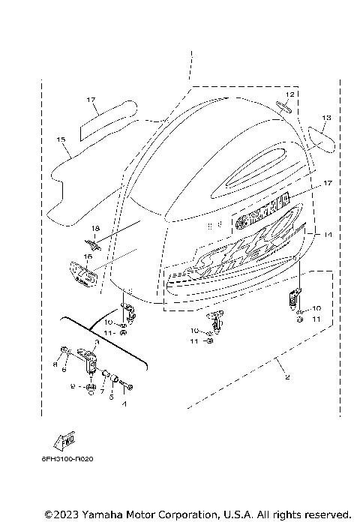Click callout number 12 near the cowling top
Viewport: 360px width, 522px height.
click(289, 94)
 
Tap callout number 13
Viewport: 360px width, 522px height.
click(326, 118)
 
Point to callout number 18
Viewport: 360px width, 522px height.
click(94, 227)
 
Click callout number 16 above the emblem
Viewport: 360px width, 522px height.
click(88, 256)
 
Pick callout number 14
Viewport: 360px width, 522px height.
click(327, 235)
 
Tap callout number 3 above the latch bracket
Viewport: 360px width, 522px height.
click(96, 342)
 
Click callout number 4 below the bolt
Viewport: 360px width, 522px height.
click(125, 403)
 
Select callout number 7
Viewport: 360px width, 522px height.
click(102, 381)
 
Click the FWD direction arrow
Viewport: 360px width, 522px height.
click(65, 440)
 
